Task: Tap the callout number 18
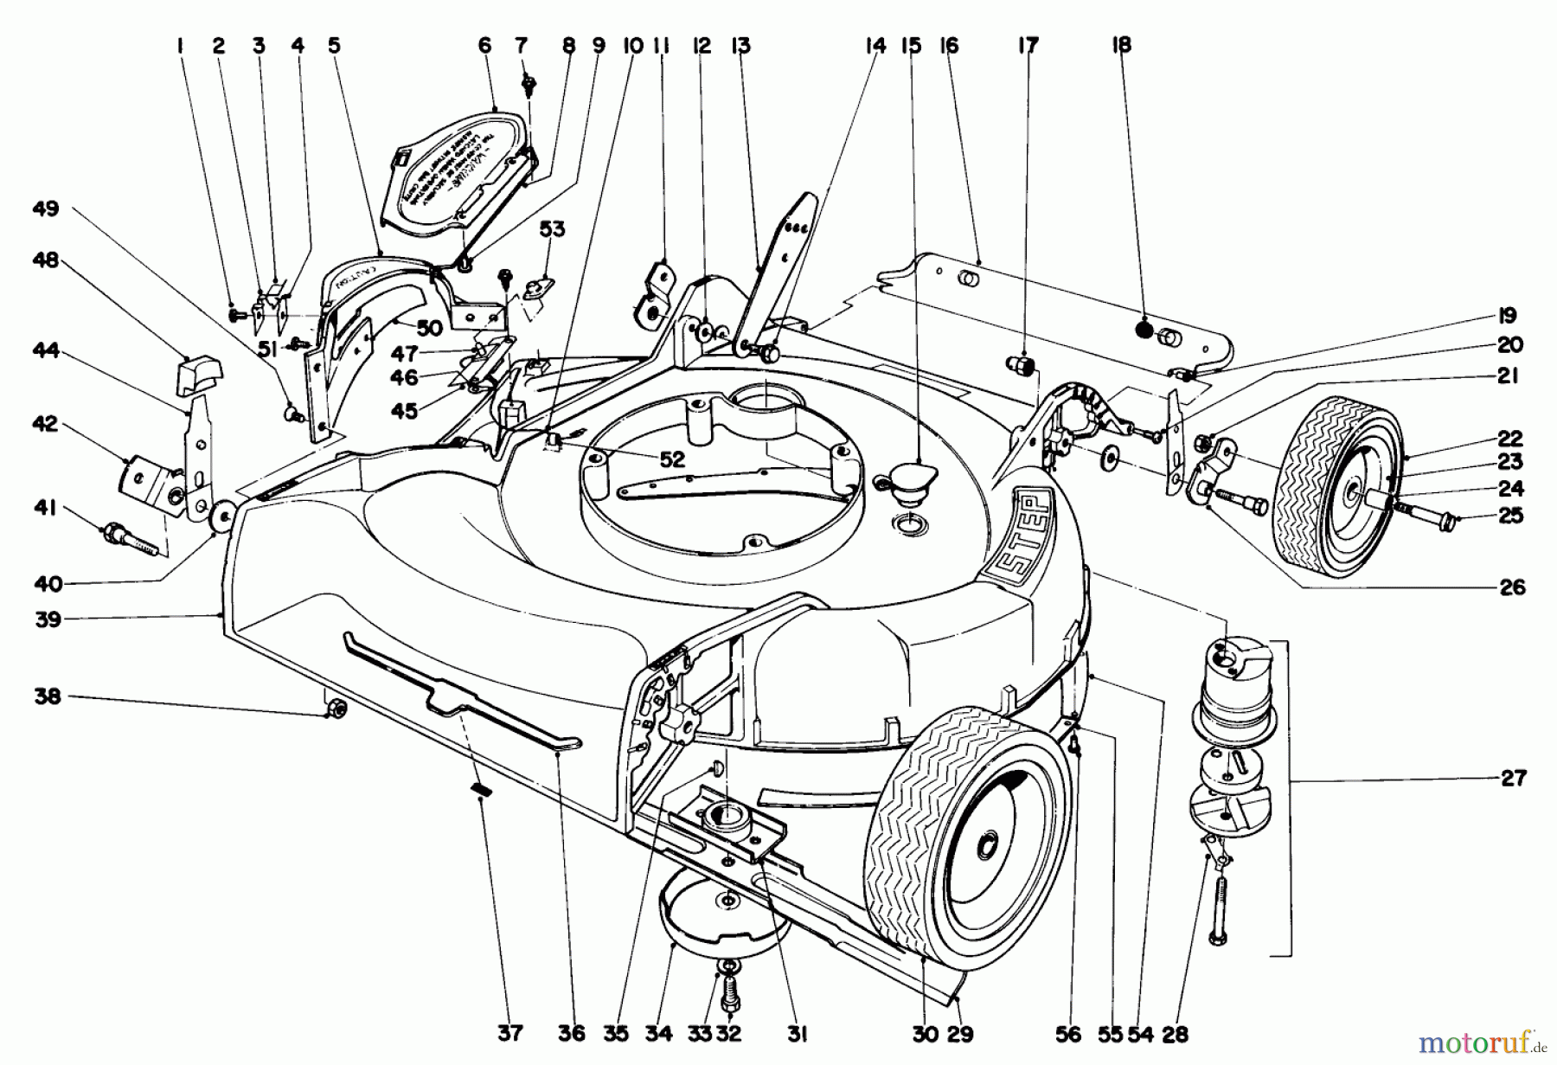point(1120,45)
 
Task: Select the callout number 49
point(45,209)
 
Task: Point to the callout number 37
point(510,1033)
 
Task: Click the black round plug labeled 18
point(1144,330)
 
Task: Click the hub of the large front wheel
point(986,844)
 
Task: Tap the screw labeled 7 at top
point(528,85)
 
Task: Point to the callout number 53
point(552,228)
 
